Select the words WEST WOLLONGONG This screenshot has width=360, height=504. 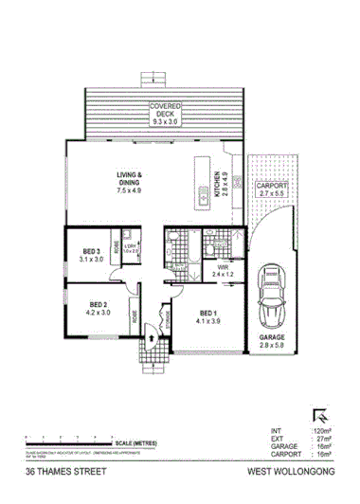[x=292, y=471]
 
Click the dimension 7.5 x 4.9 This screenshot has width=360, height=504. [x=130, y=189]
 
